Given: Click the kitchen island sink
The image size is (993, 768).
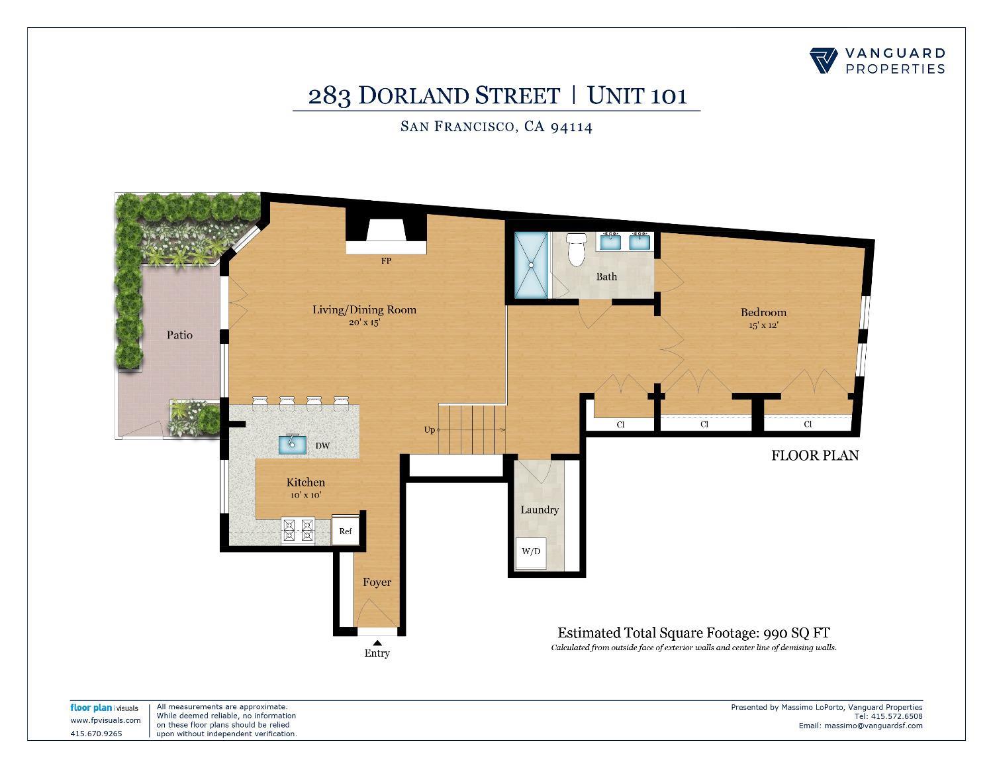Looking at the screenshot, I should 292,444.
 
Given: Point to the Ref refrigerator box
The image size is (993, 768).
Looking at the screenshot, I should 345,530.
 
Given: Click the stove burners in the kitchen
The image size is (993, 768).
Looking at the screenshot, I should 298,529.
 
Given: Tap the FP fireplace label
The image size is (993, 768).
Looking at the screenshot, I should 386,261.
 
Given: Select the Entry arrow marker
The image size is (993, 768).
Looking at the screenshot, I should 377,641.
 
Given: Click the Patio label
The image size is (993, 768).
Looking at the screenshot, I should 179,335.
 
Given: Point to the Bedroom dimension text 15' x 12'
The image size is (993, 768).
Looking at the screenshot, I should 763,325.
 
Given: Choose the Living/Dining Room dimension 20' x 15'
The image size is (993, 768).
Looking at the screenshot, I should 364,323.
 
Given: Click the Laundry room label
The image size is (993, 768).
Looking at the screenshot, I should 540,510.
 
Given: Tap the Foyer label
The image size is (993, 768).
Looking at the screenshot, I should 377,582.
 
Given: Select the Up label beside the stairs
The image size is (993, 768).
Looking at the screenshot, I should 430,430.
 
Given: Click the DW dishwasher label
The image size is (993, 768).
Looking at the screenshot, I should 322,446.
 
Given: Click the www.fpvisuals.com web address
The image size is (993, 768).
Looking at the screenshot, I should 105,720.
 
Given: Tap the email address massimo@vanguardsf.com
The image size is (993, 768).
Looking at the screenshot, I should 873,726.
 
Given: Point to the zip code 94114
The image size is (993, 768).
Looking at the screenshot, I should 571,127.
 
